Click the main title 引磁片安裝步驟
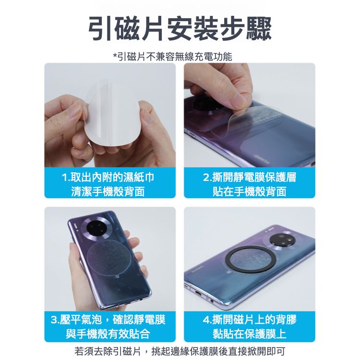coord(180,29)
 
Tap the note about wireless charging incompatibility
coord(173,57)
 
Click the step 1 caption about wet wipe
coord(108,184)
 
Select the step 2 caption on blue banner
coord(250,184)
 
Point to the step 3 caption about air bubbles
coord(108,326)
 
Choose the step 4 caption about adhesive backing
coord(250,326)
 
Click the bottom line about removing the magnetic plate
coord(180,351)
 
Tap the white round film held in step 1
coord(112,112)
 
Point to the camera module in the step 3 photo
coord(96,228)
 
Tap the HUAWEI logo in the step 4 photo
coord(198,269)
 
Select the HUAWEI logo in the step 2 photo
coord(261,158)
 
